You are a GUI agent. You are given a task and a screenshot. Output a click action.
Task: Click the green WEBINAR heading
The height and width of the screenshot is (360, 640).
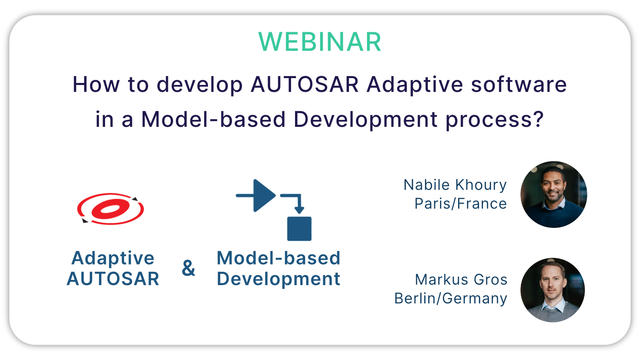(320, 42)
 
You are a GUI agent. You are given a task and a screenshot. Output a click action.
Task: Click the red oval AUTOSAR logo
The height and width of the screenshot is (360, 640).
(111, 209)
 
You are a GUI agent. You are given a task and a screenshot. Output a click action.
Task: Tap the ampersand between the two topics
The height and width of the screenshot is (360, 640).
(188, 268)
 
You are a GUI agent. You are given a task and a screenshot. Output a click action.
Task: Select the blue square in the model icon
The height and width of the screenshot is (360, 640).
(299, 229)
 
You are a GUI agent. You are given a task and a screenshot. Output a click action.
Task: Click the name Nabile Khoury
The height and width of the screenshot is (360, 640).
(455, 185)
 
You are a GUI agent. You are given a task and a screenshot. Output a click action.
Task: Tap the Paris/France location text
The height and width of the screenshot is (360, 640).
(460, 204)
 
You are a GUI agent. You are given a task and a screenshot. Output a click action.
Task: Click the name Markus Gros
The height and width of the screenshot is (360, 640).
(461, 279)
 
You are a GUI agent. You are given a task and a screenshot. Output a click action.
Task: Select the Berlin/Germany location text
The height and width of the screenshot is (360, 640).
(451, 299)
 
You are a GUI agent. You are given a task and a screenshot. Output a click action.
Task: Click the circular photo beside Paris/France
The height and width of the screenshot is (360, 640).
(553, 194)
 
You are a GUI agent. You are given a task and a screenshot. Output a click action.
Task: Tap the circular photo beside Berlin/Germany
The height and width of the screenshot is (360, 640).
(553, 290)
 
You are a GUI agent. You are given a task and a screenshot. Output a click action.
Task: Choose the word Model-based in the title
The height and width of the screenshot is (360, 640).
(213, 119)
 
